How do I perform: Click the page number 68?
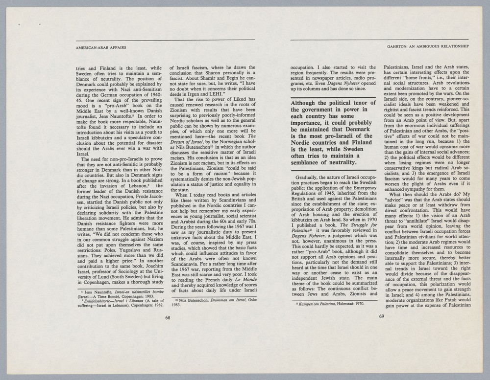(168, 318)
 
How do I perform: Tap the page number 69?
(382, 315)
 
